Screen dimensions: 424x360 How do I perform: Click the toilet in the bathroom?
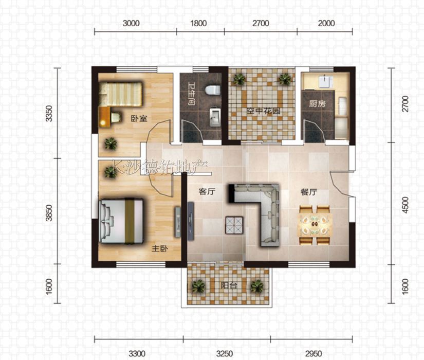pyautogui.click(x=213, y=90)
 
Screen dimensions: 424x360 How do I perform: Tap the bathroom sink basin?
pyautogui.click(x=215, y=117)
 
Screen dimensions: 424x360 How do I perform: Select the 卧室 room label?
pyautogui.click(x=139, y=119)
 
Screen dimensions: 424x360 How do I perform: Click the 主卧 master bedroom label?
pyautogui.click(x=159, y=248)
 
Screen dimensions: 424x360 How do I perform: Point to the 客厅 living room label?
pyautogui.click(x=207, y=192)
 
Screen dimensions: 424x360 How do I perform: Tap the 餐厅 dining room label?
pyautogui.click(x=309, y=192)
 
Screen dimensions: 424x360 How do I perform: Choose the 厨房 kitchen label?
pyautogui.click(x=317, y=104)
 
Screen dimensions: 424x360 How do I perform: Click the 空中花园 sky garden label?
pyautogui.click(x=263, y=111)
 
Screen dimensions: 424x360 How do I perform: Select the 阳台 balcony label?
pyautogui.click(x=229, y=285)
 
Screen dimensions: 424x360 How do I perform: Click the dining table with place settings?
pyautogui.click(x=315, y=225)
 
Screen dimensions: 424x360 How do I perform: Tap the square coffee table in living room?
pyautogui.click(x=234, y=225)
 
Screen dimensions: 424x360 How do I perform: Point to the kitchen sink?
pyautogui.click(x=325, y=82)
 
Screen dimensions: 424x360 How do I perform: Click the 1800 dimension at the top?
pyautogui.click(x=198, y=23)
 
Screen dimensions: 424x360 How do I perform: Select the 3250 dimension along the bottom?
pyautogui.click(x=225, y=353)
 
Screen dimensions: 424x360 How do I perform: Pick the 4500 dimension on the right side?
pyautogui.click(x=405, y=205)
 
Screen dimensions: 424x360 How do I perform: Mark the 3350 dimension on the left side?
pyautogui.click(x=49, y=114)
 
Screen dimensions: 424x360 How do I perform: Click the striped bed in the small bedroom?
pyautogui.click(x=120, y=94)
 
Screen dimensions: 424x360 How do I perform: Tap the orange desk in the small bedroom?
pyautogui.click(x=104, y=117)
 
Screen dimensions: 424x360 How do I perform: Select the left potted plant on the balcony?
pyautogui.click(x=199, y=286)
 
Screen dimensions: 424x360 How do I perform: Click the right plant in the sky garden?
pyautogui.click(x=285, y=79)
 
